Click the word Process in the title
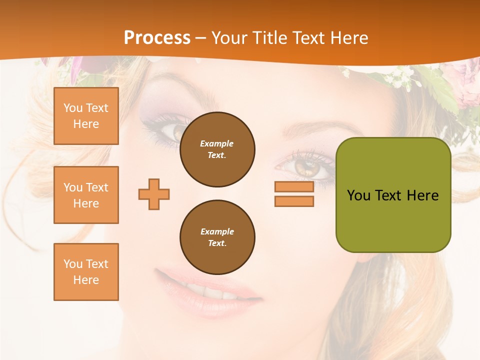tap(157, 38)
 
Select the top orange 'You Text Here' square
tap(86, 116)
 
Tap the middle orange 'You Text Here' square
tap(86, 195)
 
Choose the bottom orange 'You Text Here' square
tap(86, 272)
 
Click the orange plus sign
tap(154, 194)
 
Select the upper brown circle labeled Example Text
tap(217, 149)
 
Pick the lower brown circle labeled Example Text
tap(217, 237)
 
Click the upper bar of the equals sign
tap(294, 187)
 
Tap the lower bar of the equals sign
tap(294, 201)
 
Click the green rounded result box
tap(393, 195)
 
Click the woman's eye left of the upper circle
tap(172, 131)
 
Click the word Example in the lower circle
tap(217, 231)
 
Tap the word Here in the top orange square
tap(86, 124)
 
